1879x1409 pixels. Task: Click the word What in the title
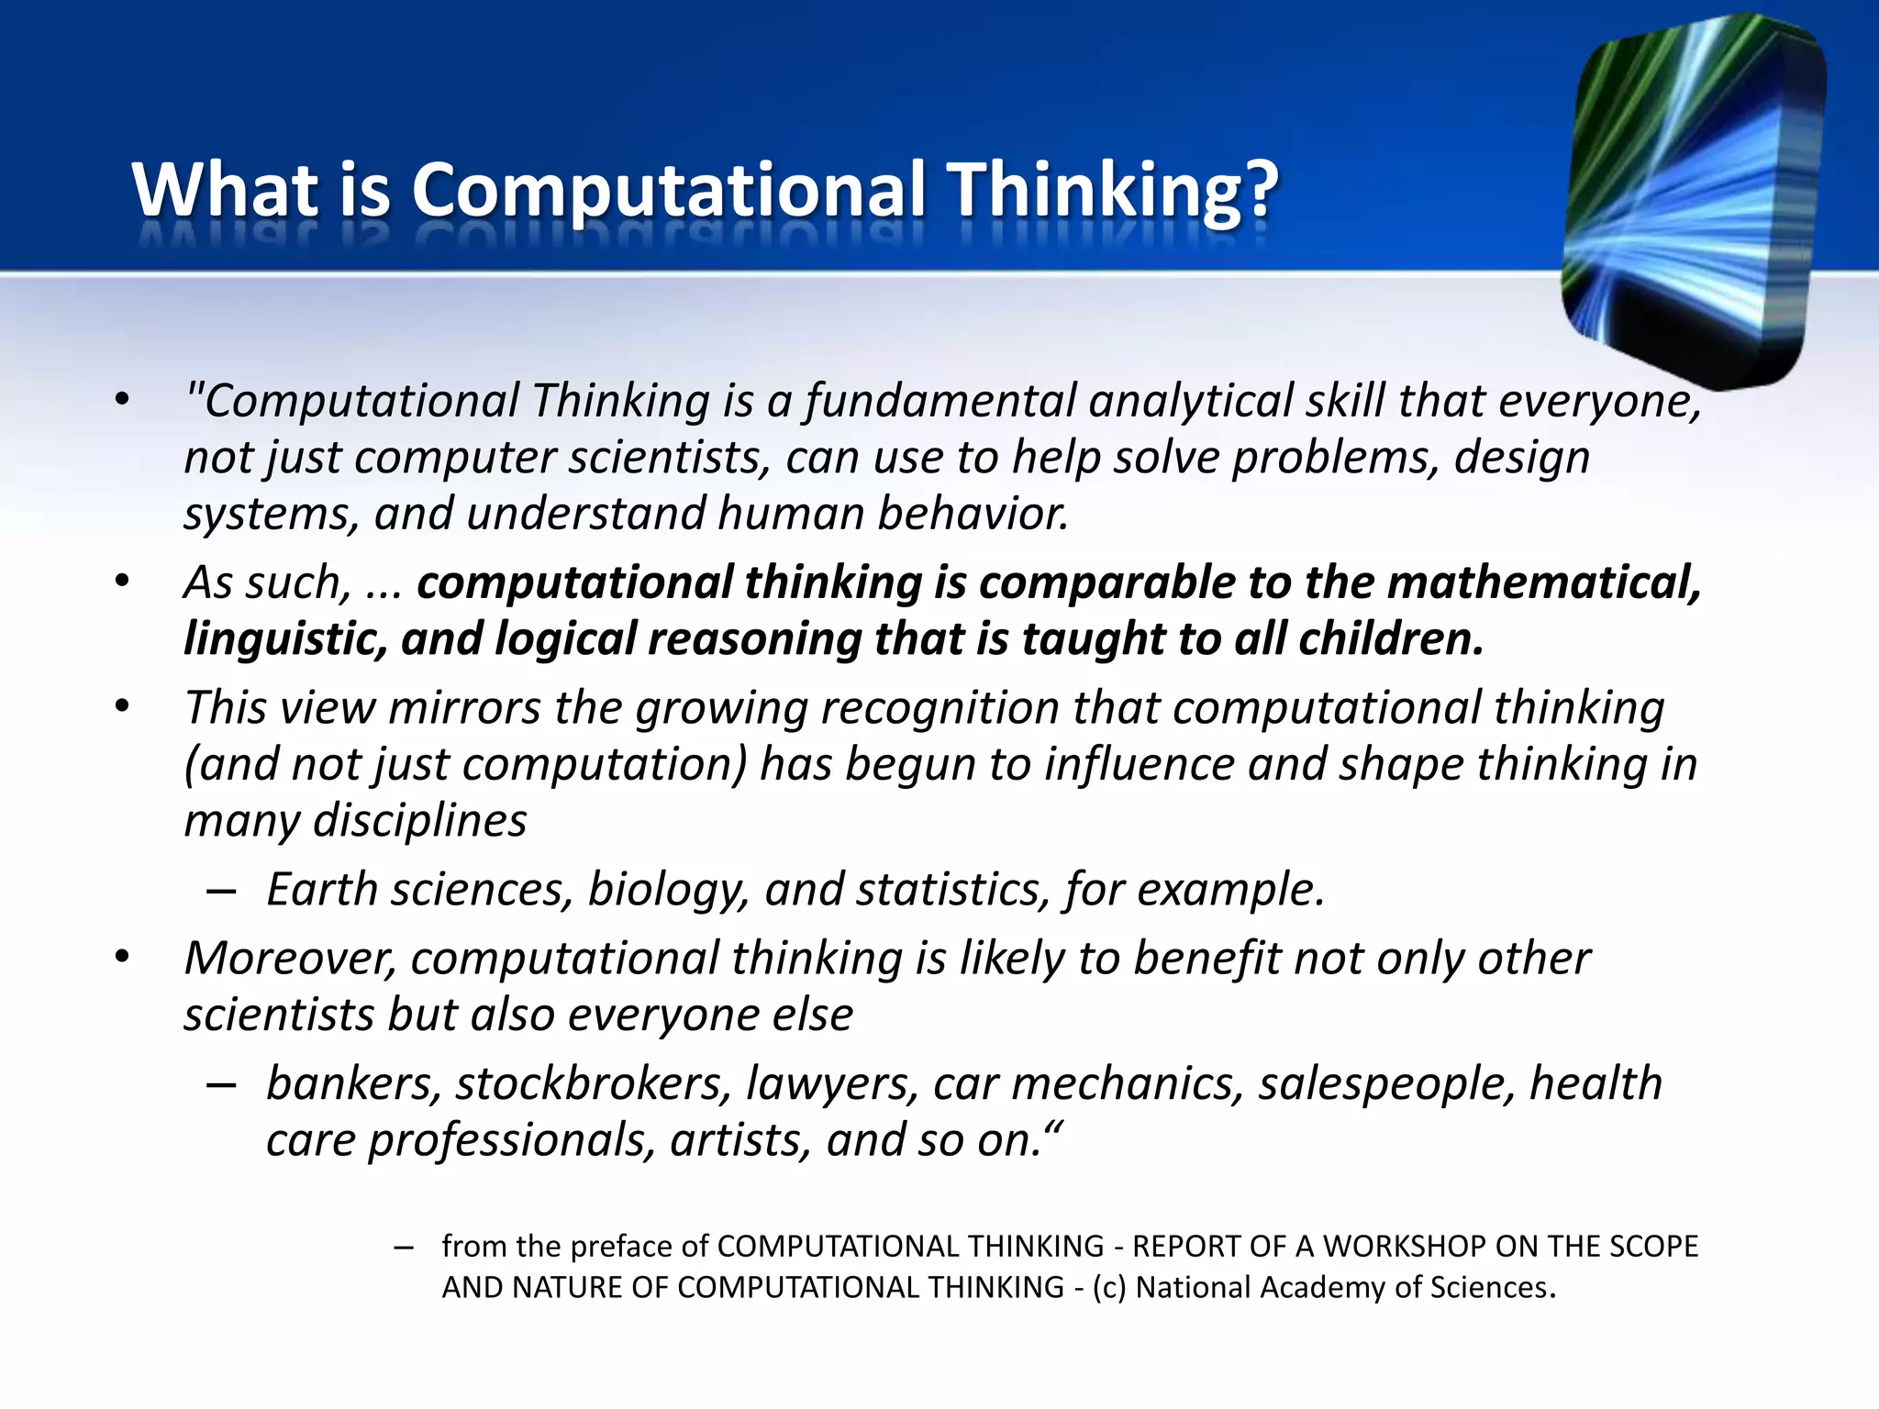pyautogui.click(x=225, y=190)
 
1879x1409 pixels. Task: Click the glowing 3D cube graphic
pyautogui.click(x=1693, y=202)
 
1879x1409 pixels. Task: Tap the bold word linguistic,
pyautogui.click(x=285, y=639)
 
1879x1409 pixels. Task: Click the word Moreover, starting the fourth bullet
pyautogui.click(x=290, y=959)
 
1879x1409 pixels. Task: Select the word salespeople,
pyautogui.click(x=1386, y=1084)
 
